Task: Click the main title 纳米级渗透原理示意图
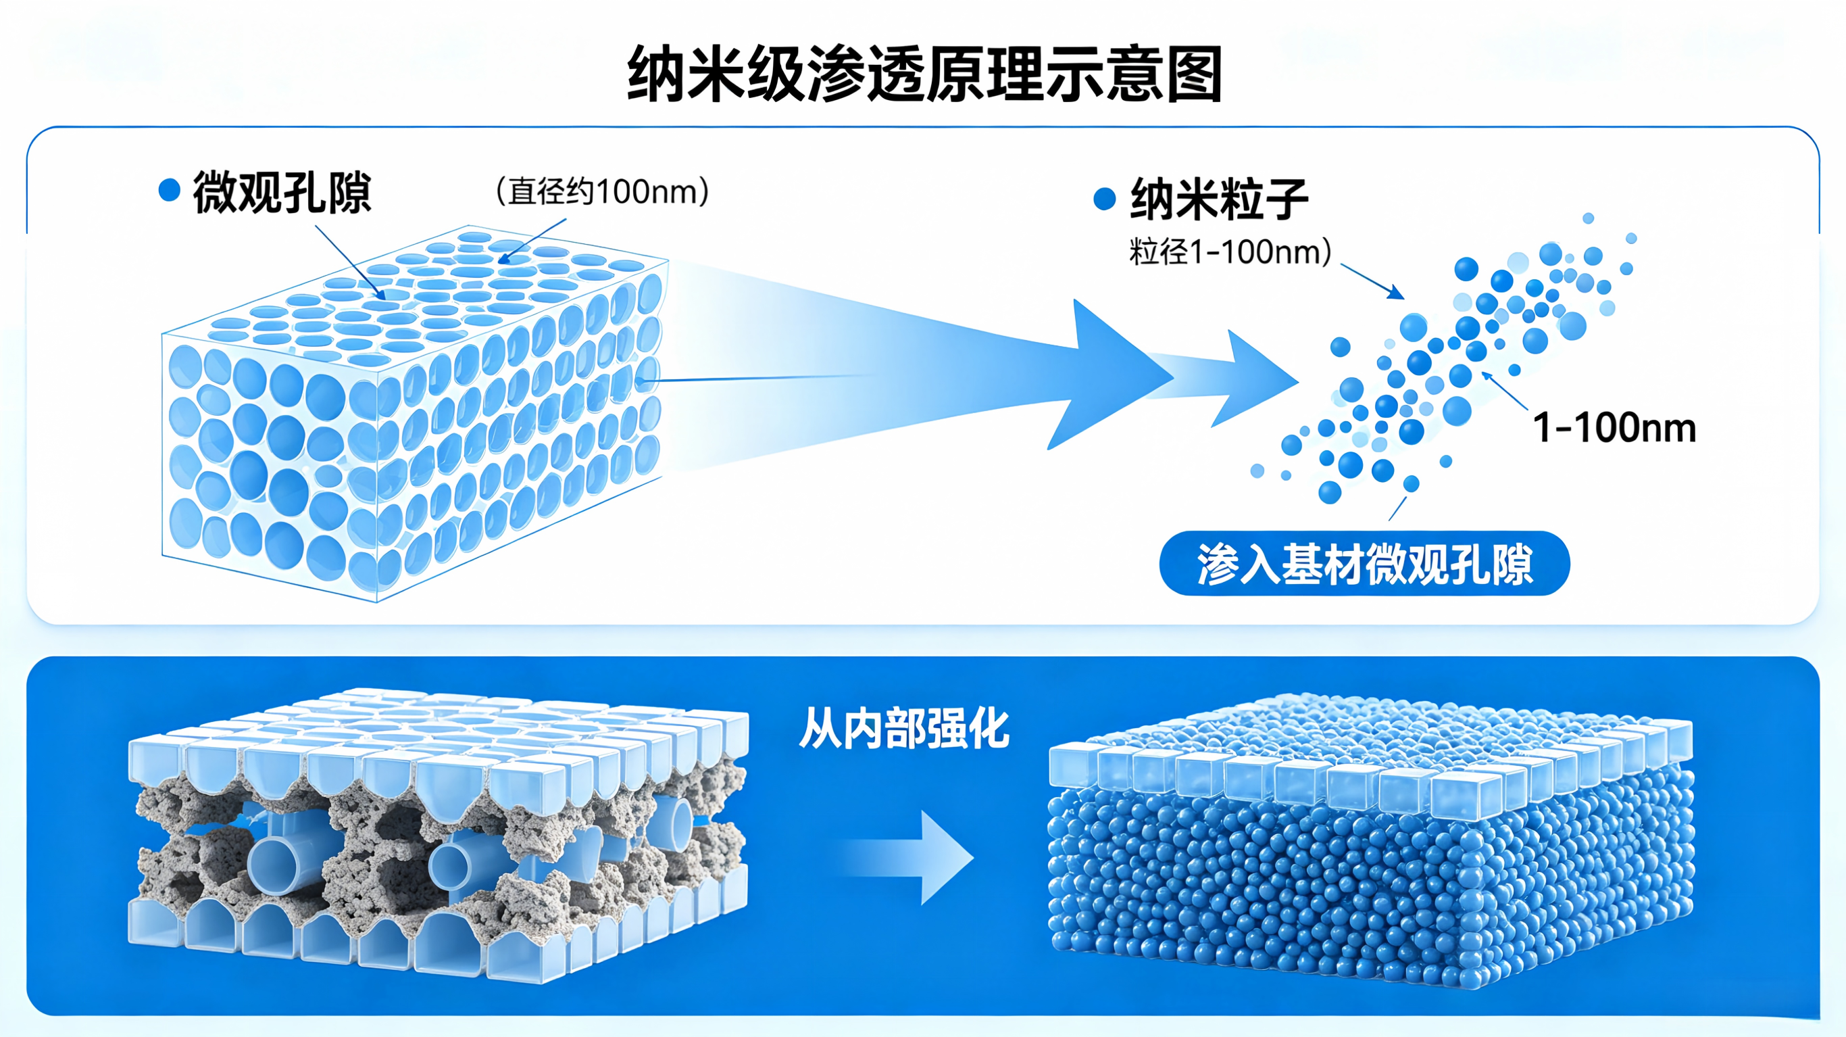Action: [924, 74]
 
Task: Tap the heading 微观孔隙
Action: [282, 192]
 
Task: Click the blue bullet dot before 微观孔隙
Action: [169, 190]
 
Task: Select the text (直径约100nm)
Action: [603, 191]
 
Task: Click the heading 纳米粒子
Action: [1219, 199]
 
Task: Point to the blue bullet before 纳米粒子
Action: [1105, 199]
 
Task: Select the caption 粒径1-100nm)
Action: [1230, 251]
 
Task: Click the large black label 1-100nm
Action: [1614, 427]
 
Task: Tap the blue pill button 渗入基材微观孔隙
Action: [1364, 564]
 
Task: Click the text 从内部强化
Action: [904, 729]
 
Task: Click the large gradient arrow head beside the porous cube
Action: [1111, 375]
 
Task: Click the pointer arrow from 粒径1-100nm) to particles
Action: [1372, 281]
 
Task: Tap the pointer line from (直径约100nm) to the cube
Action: [532, 241]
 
